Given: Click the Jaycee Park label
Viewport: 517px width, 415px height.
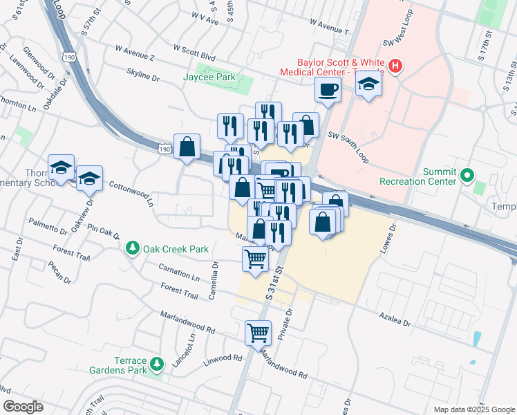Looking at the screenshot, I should click(x=211, y=77).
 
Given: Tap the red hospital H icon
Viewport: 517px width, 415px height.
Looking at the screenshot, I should click(x=395, y=66).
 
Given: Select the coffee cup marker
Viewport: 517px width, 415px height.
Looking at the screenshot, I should click(x=328, y=89).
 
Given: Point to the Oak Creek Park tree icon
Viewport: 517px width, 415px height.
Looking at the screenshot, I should click(x=133, y=247).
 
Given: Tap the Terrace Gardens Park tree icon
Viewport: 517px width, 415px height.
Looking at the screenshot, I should click(x=158, y=362).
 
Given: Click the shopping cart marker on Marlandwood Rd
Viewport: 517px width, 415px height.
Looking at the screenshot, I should click(x=258, y=333).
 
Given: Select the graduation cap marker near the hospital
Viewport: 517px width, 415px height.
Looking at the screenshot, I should click(x=368, y=86).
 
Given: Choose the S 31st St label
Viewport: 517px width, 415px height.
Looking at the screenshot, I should click(x=275, y=281).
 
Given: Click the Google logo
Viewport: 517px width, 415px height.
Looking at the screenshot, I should click(x=23, y=407).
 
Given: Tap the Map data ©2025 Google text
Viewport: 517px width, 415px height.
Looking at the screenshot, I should click(x=473, y=409).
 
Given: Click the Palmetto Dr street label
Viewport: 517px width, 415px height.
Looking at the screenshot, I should click(x=46, y=227).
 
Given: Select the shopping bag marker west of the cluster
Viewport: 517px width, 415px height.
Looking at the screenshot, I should click(x=187, y=147).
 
